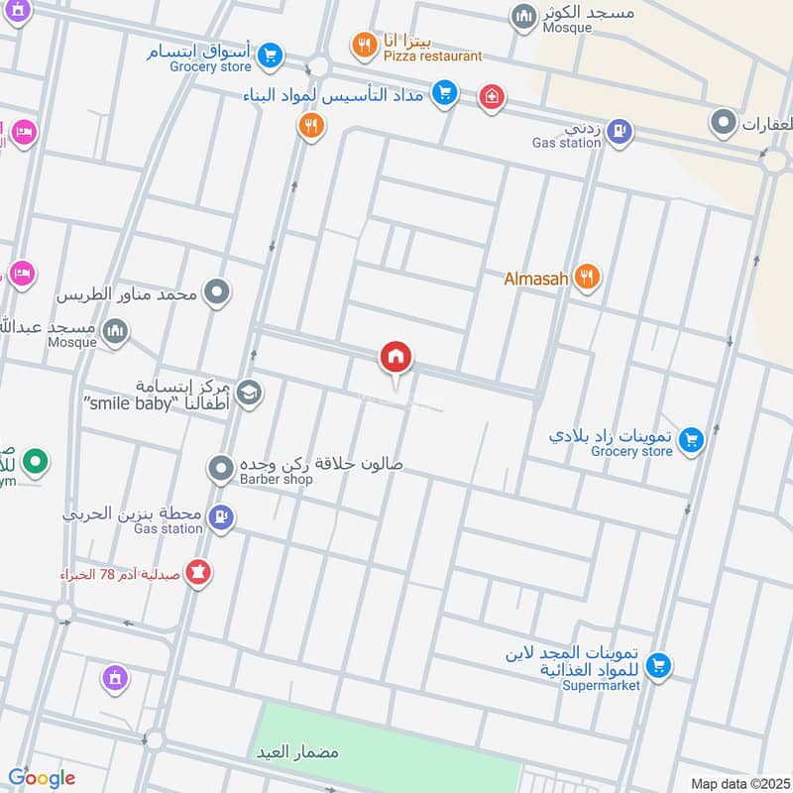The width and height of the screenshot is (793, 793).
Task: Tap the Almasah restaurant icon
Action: coord(588,279)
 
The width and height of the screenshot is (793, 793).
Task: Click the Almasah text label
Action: coord(536,280)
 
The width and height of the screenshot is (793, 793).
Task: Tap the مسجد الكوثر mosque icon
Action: coord(522,16)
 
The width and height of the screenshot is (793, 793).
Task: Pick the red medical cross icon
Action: coord(491,97)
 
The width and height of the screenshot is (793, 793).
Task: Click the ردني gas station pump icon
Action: coord(620,129)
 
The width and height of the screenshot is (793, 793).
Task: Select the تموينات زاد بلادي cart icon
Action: coord(691,438)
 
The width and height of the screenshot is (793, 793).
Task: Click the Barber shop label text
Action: coord(277,480)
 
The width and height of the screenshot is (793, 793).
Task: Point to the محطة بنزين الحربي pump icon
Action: coord(223,515)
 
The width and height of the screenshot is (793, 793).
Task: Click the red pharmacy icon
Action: coord(198,573)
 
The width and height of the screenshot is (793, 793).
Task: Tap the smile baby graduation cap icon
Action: coord(249,394)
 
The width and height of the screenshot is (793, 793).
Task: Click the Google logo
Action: coord(42,778)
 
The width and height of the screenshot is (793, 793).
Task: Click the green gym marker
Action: coord(36,461)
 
